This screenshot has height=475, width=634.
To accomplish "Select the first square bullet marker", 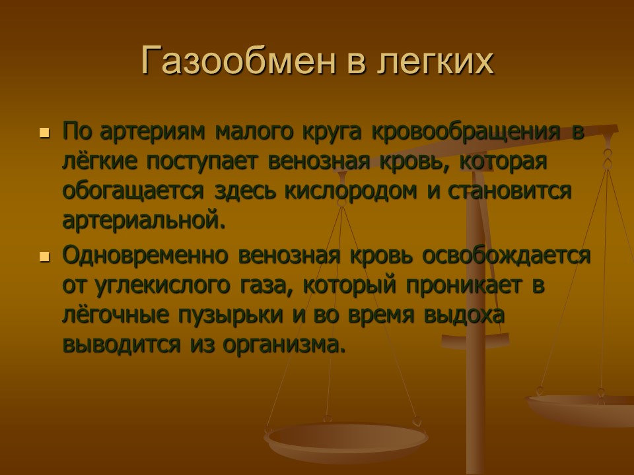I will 45,133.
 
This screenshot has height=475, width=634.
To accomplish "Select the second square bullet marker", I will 45,257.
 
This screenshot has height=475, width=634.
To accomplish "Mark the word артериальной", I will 143,220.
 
